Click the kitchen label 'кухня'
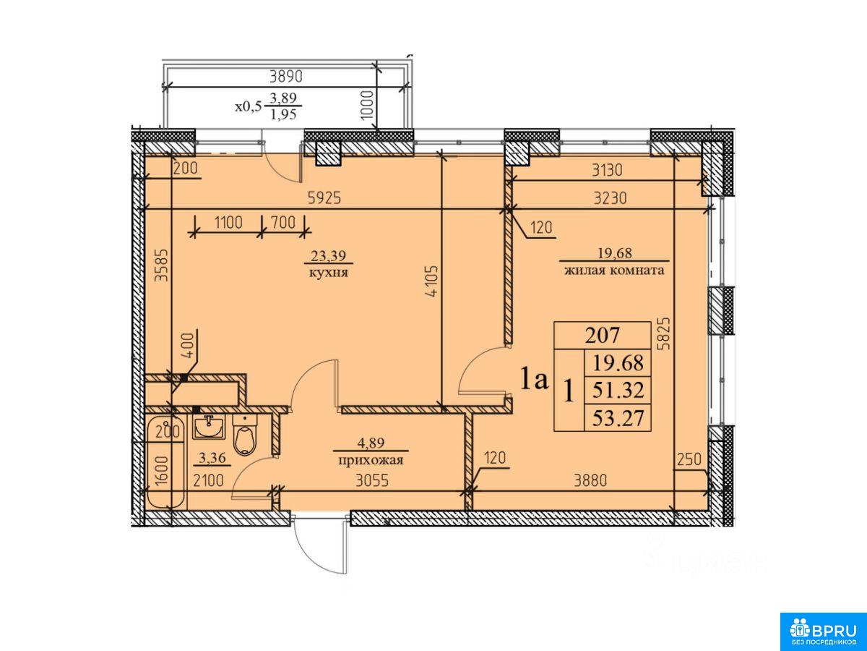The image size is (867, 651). tap(328, 273)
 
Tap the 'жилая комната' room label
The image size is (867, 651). tap(614, 271)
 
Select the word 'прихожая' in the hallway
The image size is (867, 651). tap(371, 460)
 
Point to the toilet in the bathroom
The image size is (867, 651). tap(245, 435)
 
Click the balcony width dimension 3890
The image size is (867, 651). tap(286, 76)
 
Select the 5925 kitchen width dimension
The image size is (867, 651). tap(324, 197)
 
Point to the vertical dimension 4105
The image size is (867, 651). tap(433, 281)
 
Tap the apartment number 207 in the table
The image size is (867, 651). tap(602, 336)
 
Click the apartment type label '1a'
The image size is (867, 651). tap(535, 379)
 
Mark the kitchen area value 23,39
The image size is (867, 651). tap(328, 256)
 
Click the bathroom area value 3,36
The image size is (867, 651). tap(212, 458)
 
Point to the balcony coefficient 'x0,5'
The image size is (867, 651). tap(249, 106)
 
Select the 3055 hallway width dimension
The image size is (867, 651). tap(372, 480)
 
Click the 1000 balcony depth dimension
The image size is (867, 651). tap(367, 105)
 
